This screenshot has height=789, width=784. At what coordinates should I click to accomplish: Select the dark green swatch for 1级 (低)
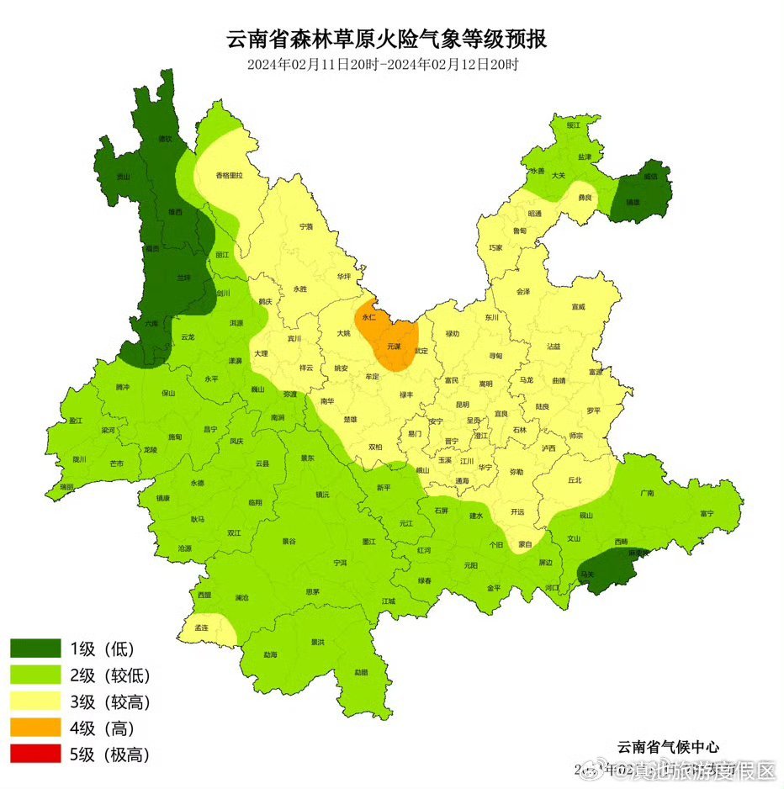click(35, 649)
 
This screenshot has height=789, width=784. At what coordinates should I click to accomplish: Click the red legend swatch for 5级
click(35, 755)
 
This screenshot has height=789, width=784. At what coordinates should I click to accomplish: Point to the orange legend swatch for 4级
click(35, 728)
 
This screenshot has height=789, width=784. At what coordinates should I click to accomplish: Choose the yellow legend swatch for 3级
click(35, 702)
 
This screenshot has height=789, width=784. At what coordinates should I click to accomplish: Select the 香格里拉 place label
click(229, 175)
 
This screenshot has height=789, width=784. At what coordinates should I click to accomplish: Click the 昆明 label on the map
click(462, 404)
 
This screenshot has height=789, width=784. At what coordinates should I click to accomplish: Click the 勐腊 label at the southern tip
click(360, 671)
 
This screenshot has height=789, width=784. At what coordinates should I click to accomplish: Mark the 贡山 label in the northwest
click(124, 177)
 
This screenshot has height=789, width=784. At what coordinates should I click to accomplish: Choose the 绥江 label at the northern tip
click(574, 124)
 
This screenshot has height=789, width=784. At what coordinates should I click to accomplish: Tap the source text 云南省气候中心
click(668, 746)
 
